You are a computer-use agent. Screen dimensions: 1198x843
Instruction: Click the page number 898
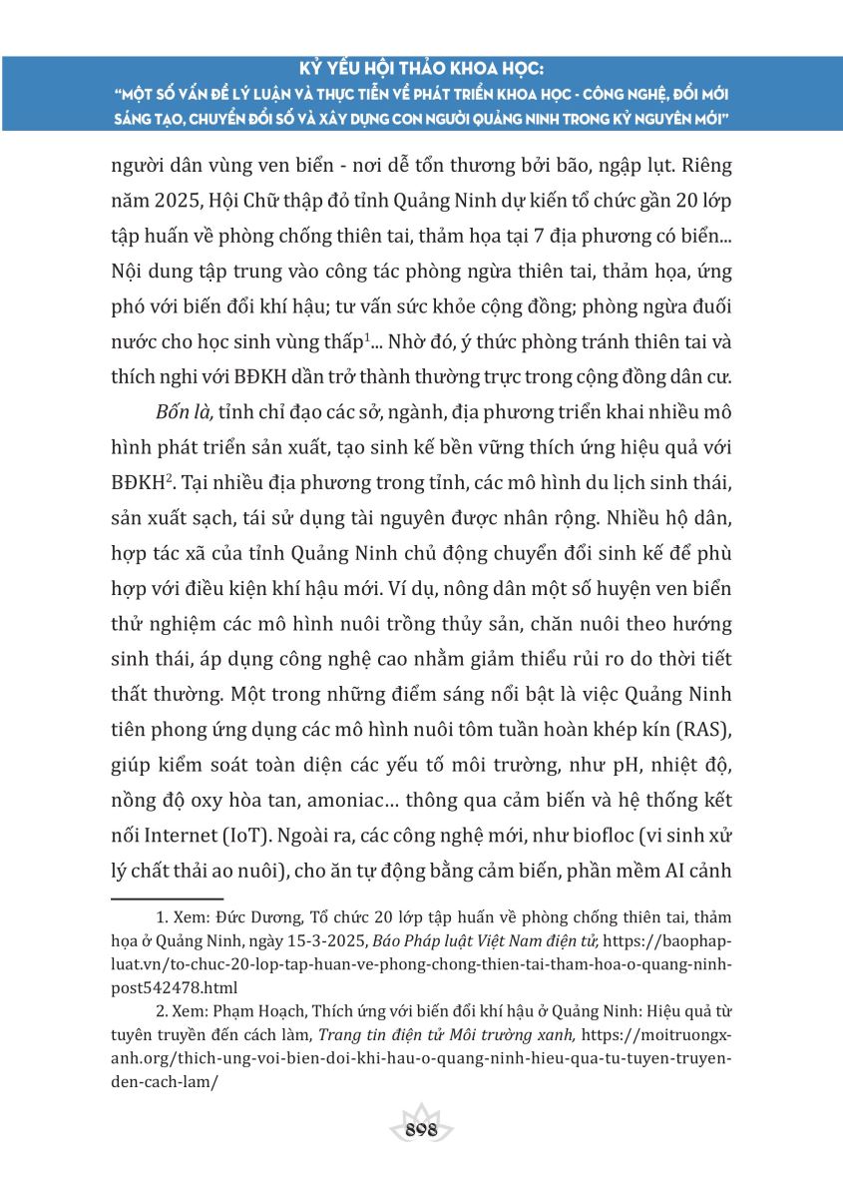pyautogui.click(x=420, y=1130)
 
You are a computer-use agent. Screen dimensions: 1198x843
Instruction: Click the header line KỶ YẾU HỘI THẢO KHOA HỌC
pyautogui.click(x=420, y=72)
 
